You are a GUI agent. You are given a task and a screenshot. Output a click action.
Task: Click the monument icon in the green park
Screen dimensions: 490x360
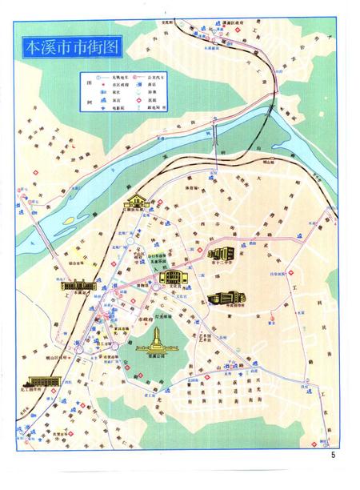[156, 336]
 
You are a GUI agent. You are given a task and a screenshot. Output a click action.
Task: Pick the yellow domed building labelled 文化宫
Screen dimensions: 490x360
[173, 276]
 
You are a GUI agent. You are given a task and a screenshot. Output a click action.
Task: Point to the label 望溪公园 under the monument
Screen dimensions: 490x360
[156, 359]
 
